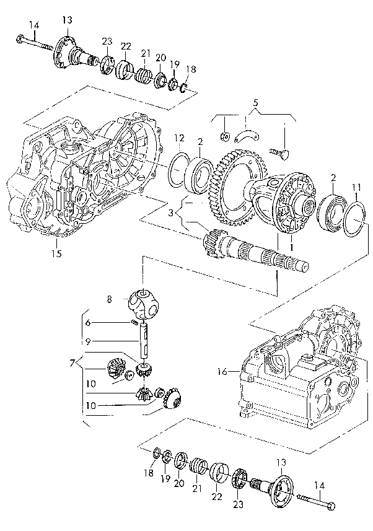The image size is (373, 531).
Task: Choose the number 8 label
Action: [x=110, y=299]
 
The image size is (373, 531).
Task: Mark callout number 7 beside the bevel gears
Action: [x=72, y=361]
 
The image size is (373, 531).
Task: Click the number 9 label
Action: [x=88, y=340]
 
